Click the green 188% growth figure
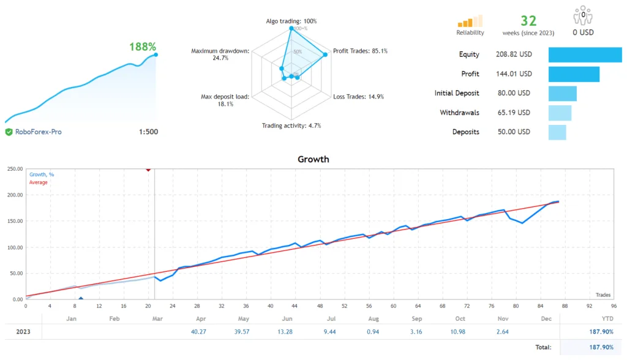[143, 47]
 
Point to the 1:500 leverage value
[148, 132]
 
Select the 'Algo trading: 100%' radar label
[291, 21]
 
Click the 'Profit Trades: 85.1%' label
[359, 51]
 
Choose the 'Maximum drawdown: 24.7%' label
[220, 54]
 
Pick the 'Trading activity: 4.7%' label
[291, 126]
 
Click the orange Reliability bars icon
[470, 21]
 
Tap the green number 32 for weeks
[528, 21]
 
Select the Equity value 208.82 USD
[514, 54]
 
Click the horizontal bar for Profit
[574, 74]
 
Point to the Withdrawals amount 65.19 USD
[513, 113]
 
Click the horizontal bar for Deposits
[557, 132]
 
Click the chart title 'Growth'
[313, 159]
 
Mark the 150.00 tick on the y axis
[14, 222]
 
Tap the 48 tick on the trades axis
[320, 306]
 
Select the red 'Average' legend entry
[39, 182]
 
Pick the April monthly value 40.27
[200, 332]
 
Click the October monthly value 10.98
[460, 332]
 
